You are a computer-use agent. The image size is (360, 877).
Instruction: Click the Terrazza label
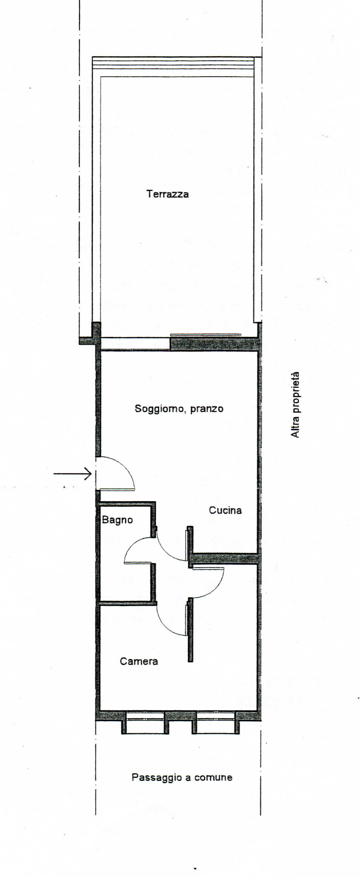(x=167, y=194)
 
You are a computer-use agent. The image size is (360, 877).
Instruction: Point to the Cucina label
(x=225, y=510)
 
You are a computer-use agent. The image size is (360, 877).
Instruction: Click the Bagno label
(x=117, y=520)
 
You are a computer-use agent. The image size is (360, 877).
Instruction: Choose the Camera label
(x=138, y=661)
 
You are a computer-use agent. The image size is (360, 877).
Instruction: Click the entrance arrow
(x=72, y=474)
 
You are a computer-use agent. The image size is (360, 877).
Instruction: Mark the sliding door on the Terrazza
(x=206, y=335)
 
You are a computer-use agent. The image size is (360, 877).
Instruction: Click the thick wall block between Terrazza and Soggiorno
(x=214, y=344)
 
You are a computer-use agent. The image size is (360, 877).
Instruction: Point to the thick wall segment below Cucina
(x=225, y=559)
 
